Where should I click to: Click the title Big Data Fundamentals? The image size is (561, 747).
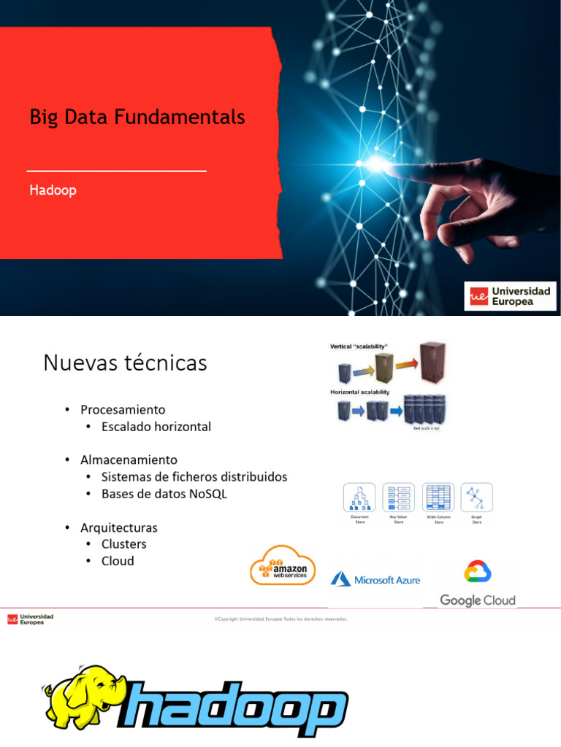[x=137, y=117]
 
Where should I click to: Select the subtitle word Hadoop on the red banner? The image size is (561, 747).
[x=53, y=190]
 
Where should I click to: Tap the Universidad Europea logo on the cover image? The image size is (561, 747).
[x=511, y=296]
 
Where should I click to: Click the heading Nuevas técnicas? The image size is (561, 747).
[x=125, y=363]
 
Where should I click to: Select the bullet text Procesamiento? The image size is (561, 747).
[x=123, y=409]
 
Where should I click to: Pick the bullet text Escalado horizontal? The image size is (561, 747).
[x=156, y=426]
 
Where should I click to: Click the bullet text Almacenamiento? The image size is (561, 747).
[x=129, y=460]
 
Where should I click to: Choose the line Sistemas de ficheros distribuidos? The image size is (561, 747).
[x=194, y=476]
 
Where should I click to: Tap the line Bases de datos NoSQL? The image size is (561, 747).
[x=164, y=493]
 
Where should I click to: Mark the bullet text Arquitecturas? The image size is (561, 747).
[x=119, y=527]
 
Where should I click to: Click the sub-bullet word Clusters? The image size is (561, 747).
[x=124, y=543]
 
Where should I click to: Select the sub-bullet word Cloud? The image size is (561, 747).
[x=118, y=560]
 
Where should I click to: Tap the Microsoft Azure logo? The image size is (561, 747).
[x=375, y=579]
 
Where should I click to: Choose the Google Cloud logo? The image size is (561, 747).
[x=478, y=584]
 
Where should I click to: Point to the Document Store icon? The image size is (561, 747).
[x=359, y=498]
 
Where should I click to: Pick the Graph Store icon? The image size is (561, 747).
[x=477, y=498]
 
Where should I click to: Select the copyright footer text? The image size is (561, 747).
[x=280, y=619]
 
